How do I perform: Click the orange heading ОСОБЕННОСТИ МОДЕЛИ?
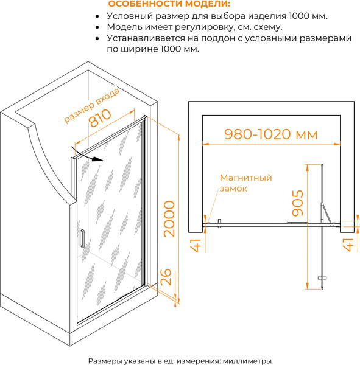tap(169, 4)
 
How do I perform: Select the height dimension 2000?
tap(169, 219)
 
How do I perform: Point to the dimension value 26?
tap(166, 277)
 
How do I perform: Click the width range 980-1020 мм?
tap(271, 134)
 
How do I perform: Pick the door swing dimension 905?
tap(298, 203)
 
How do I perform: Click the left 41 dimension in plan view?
tap(196, 245)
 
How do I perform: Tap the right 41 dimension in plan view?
tap(349, 245)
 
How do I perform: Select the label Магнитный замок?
tap(245, 183)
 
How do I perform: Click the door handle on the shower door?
tap(82, 238)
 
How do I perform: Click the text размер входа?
tap(92, 105)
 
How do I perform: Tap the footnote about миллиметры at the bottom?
tap(180, 361)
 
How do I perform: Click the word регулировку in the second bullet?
tap(205, 27)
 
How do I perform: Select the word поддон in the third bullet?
tap(218, 38)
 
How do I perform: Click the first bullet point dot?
tap(97, 16)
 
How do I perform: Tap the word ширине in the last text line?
tap(139, 49)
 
